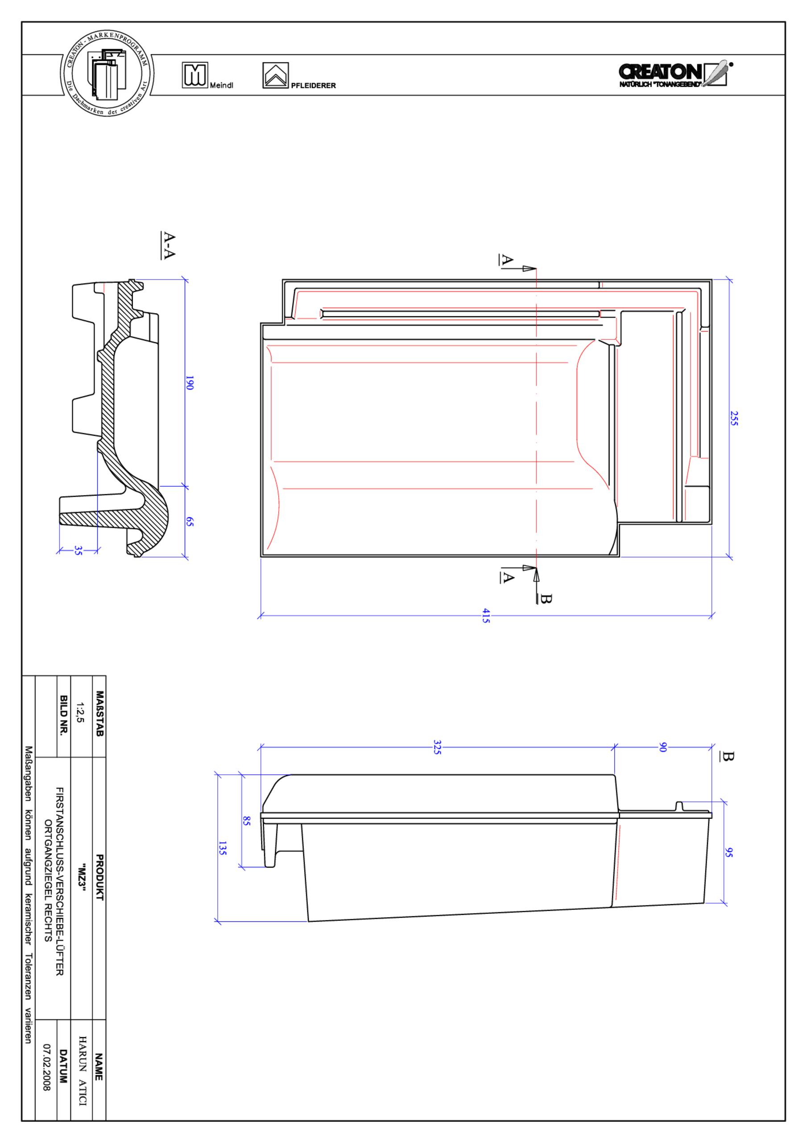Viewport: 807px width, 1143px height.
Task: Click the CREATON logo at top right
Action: (674, 74)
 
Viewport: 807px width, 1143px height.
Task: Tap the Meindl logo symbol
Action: (195, 75)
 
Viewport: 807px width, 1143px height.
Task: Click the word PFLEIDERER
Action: (313, 86)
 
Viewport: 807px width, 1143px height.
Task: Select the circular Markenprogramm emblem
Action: (107, 73)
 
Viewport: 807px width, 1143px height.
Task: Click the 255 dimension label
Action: (734, 418)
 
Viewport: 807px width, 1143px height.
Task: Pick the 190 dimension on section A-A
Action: (189, 382)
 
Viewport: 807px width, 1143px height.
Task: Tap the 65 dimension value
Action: (189, 521)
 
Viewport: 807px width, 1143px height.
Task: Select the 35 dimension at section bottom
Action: (78, 550)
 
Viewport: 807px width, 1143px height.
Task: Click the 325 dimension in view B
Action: (437, 747)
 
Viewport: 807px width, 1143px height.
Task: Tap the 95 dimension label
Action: (728, 852)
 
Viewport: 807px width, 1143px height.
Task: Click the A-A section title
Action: (169, 245)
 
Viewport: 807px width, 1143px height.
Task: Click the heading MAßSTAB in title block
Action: (99, 713)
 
